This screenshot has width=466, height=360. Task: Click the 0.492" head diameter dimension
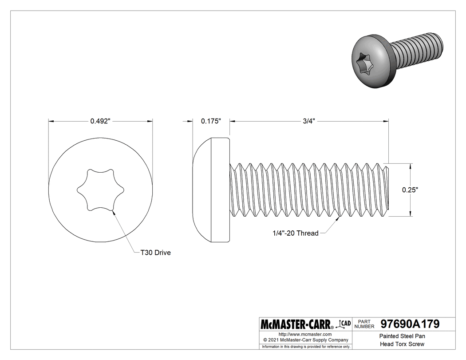pos(100,121)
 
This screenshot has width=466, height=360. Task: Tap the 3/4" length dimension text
pos(309,121)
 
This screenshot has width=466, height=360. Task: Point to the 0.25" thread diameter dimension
pos(410,190)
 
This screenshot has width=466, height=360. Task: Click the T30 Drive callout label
pos(155,253)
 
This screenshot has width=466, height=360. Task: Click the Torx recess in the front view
pos(100,190)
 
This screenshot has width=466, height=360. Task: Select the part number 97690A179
pos(410,324)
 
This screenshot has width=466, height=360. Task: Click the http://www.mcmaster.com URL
pos(305,334)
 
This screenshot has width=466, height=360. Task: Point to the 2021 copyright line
pos(305,340)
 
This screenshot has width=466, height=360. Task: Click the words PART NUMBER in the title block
pos(365,324)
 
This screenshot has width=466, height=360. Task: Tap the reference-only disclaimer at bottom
pos(306,346)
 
